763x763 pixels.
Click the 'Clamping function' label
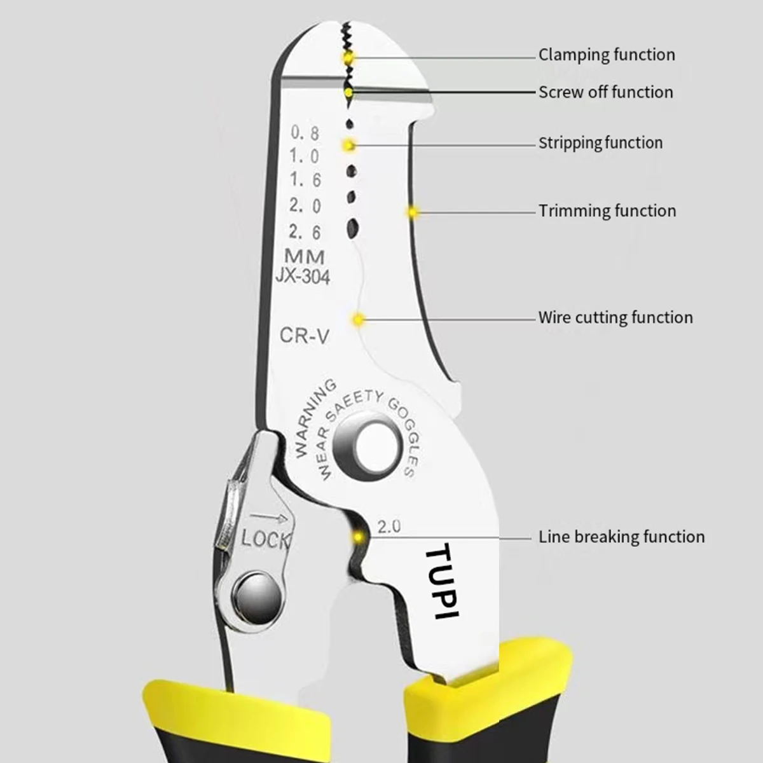(607, 55)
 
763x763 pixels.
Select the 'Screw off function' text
(606, 92)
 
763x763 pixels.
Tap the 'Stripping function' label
(601, 143)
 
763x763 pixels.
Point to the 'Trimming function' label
(607, 210)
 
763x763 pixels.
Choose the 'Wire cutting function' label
(615, 317)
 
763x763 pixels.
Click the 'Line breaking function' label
(622, 537)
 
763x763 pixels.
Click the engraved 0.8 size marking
(305, 133)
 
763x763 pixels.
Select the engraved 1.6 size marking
(305, 179)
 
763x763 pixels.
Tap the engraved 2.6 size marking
(305, 231)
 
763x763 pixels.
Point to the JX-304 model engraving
(303, 277)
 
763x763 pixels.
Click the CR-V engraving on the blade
(304, 336)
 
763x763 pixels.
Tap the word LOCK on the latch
(265, 539)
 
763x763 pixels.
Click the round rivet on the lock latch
(257, 598)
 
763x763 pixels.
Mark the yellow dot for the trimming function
(412, 212)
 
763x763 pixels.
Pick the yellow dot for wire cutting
(359, 319)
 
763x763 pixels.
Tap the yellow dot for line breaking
(359, 537)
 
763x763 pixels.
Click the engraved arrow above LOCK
(269, 517)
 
